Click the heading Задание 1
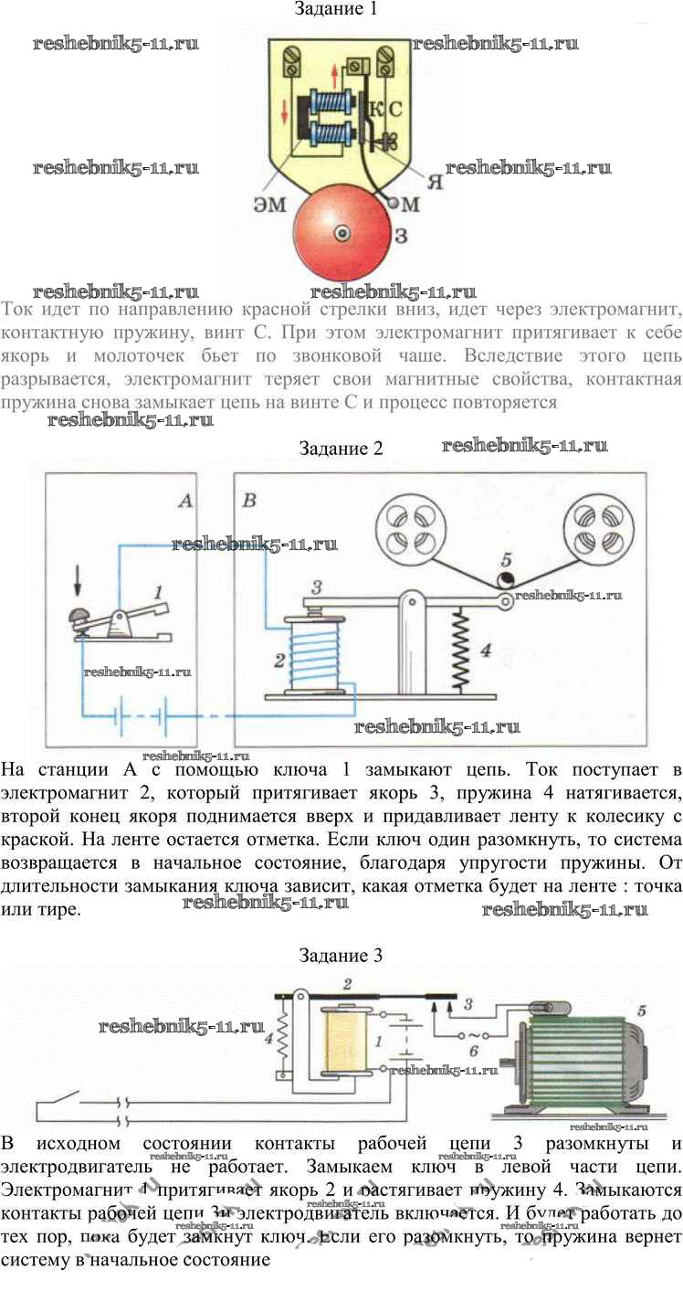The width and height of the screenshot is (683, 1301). click(336, 10)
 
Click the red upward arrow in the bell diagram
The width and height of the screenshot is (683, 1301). click(343, 72)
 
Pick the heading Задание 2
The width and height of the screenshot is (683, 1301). click(336, 448)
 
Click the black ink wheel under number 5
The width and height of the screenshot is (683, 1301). click(505, 581)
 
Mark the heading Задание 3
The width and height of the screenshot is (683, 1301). click(341, 956)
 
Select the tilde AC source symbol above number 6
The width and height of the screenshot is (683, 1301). click(472, 1036)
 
